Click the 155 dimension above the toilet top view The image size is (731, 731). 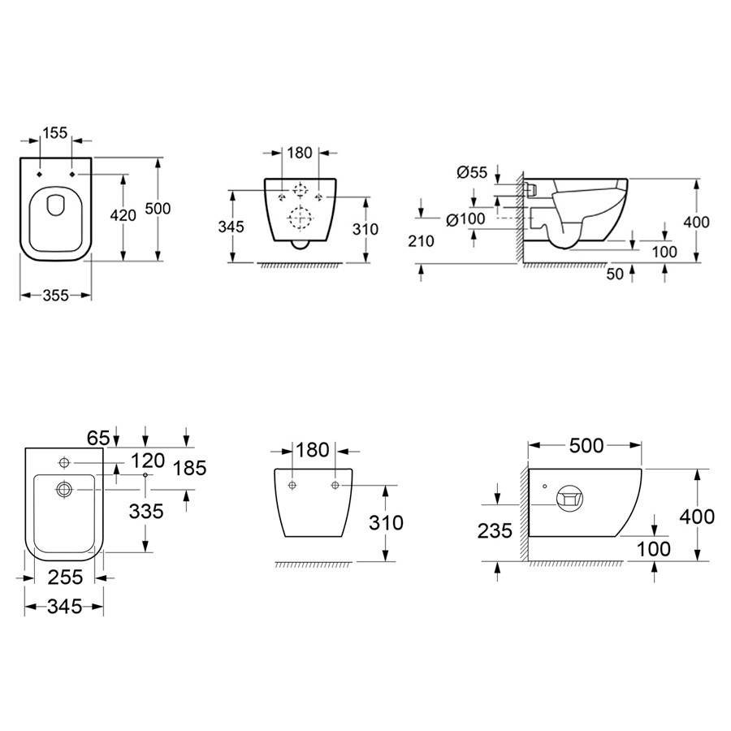(55, 133)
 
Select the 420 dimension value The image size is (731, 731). (123, 215)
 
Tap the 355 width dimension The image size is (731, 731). (56, 295)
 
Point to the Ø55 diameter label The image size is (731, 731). (472, 172)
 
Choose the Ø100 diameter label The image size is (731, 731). (465, 219)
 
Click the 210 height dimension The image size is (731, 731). (421, 241)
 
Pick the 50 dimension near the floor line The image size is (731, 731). (615, 275)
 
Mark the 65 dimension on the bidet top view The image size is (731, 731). (98, 439)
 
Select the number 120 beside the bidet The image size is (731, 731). (148, 461)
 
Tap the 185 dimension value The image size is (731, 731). (189, 468)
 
